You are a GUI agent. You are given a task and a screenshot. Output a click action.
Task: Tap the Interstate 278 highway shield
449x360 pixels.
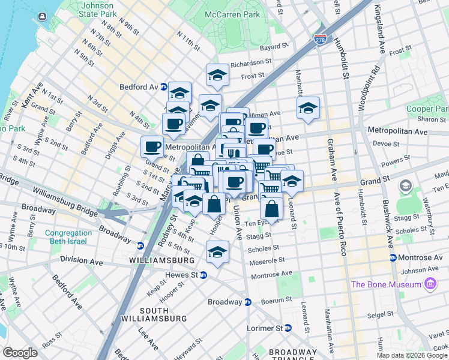click(321, 39)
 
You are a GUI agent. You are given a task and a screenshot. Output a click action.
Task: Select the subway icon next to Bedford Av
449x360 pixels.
click(163, 86)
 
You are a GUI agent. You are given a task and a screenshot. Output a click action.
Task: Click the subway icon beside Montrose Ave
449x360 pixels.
click(393, 257)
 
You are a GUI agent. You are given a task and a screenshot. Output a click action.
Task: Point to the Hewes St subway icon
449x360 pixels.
click(203, 275)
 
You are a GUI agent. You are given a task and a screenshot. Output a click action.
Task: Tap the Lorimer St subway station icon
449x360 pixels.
click(288, 328)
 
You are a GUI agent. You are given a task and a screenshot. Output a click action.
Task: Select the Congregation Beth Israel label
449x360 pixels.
click(57, 237)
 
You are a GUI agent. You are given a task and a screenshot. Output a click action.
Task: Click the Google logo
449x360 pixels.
click(20, 352)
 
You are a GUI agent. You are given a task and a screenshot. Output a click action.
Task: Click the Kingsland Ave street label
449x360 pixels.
click(380, 29)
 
